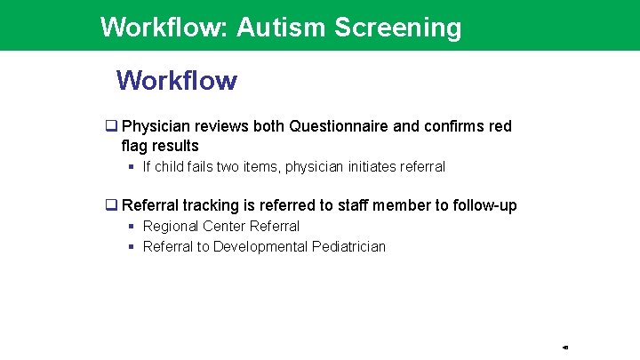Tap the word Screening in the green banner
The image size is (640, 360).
[x=398, y=28]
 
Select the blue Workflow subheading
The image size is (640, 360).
[x=177, y=81]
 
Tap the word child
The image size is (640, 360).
[x=171, y=167]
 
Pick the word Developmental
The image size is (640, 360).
[x=260, y=247]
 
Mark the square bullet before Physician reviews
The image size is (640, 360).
[x=112, y=126]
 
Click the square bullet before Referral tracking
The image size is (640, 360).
[x=112, y=205]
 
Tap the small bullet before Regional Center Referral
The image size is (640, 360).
[x=132, y=227]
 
